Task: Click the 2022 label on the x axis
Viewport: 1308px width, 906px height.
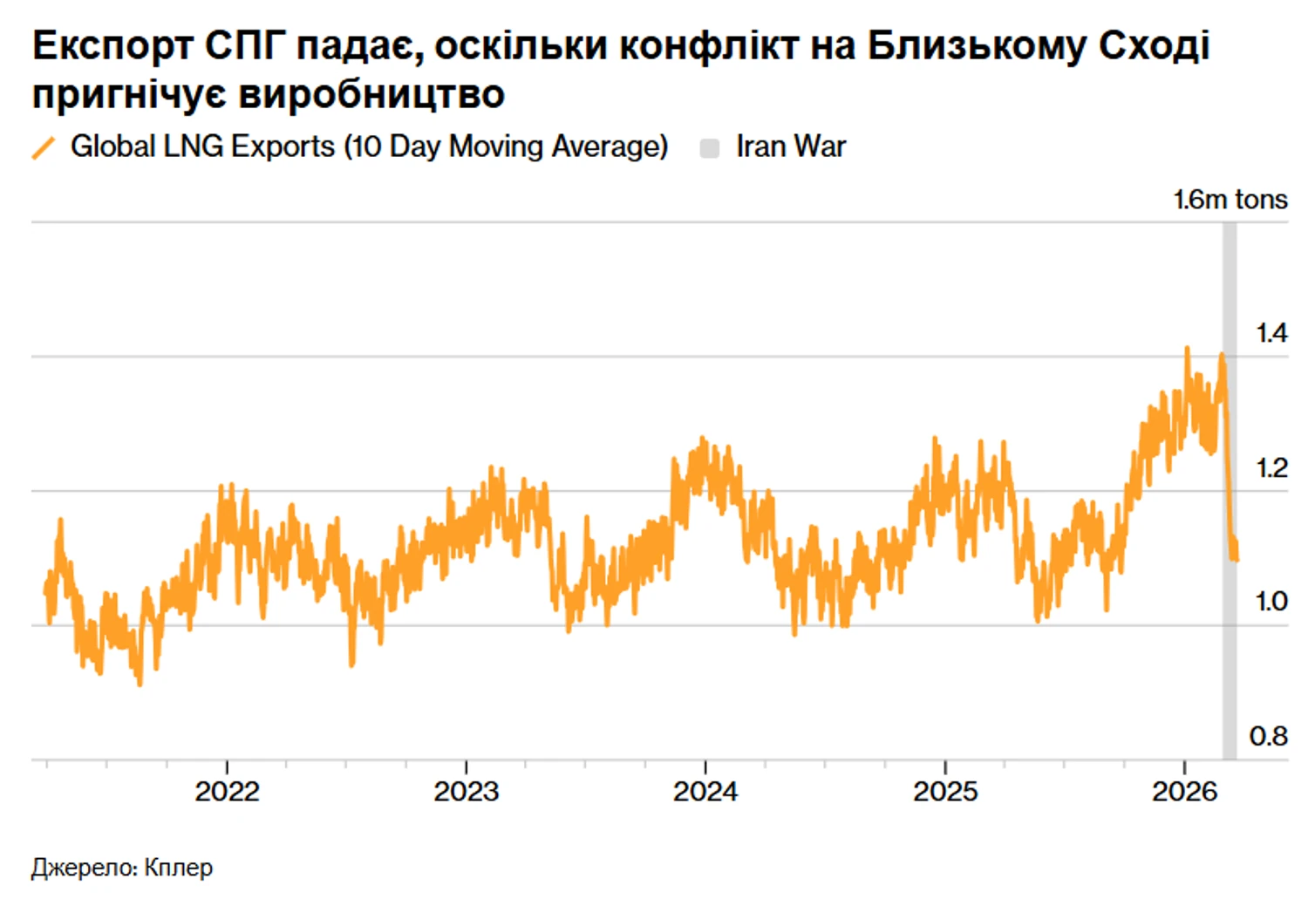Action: click(x=227, y=792)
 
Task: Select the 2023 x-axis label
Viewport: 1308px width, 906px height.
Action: click(x=466, y=792)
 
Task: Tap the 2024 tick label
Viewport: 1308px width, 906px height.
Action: click(x=705, y=792)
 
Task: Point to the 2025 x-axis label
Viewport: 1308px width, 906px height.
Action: click(x=945, y=792)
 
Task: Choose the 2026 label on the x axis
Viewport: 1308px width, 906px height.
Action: click(x=1184, y=792)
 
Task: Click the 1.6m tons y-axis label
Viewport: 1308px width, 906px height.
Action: click(x=1230, y=200)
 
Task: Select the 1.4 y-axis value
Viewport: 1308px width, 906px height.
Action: click(x=1271, y=333)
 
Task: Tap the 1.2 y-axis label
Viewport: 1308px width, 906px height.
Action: click(x=1271, y=468)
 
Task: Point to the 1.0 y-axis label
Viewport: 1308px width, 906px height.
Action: click(x=1271, y=602)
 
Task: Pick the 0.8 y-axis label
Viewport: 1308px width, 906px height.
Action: click(x=1268, y=737)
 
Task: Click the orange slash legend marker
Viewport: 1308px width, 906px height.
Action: click(x=44, y=147)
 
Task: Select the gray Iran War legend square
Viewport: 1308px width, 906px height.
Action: click(x=710, y=148)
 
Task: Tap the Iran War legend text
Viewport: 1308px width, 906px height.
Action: click(x=790, y=146)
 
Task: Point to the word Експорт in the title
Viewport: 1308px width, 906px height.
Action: click(x=112, y=46)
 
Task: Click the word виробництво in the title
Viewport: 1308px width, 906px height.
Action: click(x=371, y=94)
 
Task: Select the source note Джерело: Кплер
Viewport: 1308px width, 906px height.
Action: click(x=122, y=868)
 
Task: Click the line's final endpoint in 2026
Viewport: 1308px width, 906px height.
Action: click(x=1236, y=558)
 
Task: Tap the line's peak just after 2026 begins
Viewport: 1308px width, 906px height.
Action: click(x=1187, y=349)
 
